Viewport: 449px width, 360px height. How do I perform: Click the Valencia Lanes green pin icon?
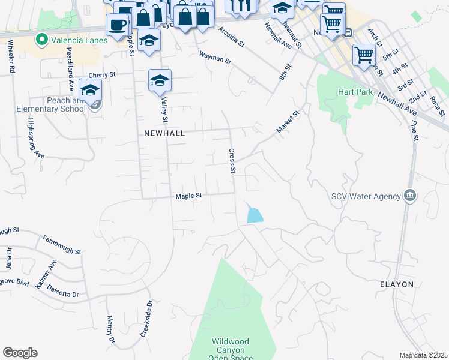tap(41, 40)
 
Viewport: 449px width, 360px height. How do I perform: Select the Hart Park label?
tap(355, 92)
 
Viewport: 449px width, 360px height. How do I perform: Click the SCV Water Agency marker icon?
tap(410, 196)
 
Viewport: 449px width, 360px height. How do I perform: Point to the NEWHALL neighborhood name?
tap(164, 133)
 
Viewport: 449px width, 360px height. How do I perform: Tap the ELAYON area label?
tap(397, 284)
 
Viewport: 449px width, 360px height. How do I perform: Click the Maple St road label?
tap(189, 196)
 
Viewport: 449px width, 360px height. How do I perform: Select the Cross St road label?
tap(232, 161)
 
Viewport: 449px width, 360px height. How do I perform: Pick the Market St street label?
tap(288, 122)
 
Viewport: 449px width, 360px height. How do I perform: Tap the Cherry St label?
tap(101, 76)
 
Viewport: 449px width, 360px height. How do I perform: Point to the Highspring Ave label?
tap(35, 137)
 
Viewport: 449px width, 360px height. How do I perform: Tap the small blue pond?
tap(254, 214)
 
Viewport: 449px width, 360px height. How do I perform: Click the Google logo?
tap(20, 353)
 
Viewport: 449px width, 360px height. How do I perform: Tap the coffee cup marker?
tap(117, 25)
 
